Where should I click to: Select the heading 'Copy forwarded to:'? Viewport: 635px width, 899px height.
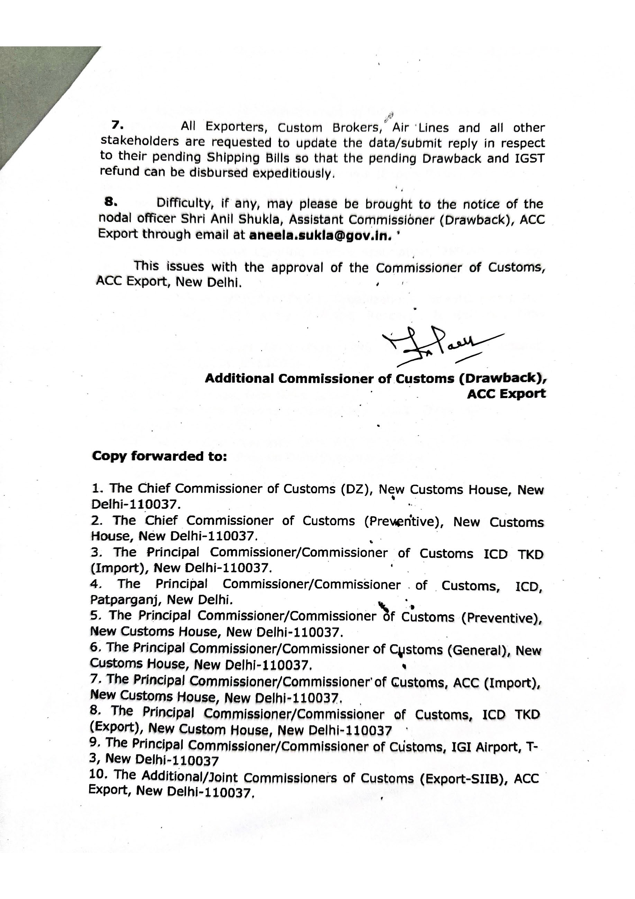pos(159,456)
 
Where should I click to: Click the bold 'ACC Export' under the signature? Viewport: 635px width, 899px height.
pos(506,394)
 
